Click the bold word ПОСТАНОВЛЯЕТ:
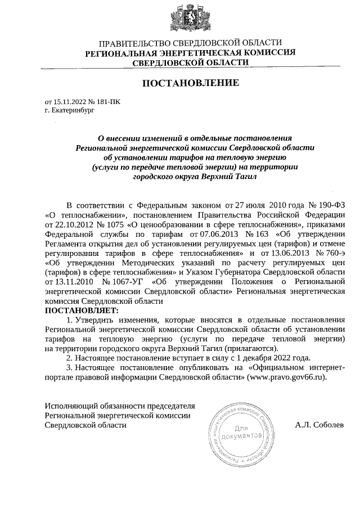pos(82,310)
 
